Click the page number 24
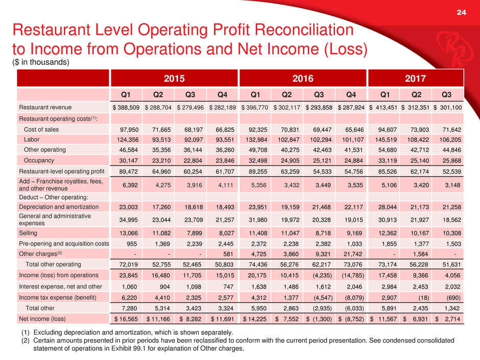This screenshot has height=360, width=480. point(461,12)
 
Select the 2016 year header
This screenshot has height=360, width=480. point(303,79)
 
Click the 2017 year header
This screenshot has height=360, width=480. point(416,79)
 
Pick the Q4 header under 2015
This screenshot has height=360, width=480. point(222,94)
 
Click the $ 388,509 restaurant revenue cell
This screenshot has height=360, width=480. point(126,107)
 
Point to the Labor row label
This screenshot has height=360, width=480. point(32,139)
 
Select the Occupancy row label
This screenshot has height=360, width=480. point(39,160)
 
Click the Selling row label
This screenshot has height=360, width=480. point(28,233)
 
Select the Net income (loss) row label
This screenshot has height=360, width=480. point(42,319)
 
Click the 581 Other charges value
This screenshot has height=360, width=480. point(228,254)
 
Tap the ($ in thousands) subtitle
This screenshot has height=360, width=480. point(41,62)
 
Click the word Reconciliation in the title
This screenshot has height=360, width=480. point(304,30)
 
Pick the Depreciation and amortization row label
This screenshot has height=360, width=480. point(59,207)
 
